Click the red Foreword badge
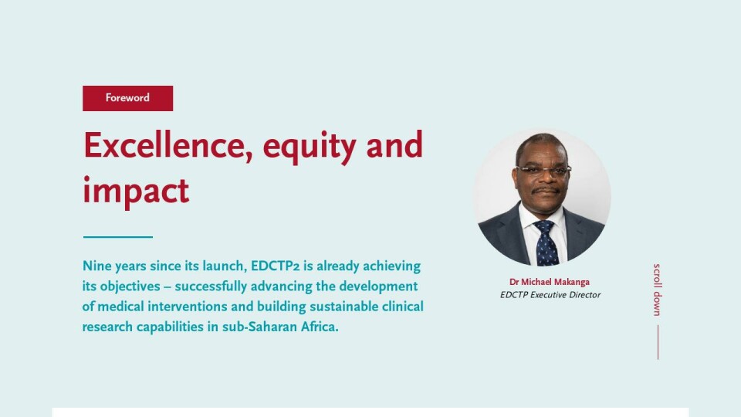pyautogui.click(x=127, y=98)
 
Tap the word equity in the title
pyautogui.click(x=310, y=147)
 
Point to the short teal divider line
pyautogui.click(x=118, y=237)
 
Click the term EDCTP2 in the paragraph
pyautogui.click(x=275, y=266)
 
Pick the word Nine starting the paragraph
pyautogui.click(x=97, y=266)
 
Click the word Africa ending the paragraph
pyautogui.click(x=320, y=327)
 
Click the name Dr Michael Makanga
pyautogui.click(x=550, y=283)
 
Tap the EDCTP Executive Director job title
pyautogui.click(x=550, y=295)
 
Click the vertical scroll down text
pyautogui.click(x=658, y=290)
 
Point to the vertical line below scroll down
pyautogui.click(x=658, y=342)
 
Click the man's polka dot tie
pyautogui.click(x=547, y=243)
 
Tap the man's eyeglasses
pyautogui.click(x=544, y=171)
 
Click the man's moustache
pyautogui.click(x=546, y=190)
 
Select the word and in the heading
pyautogui.click(x=394, y=146)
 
